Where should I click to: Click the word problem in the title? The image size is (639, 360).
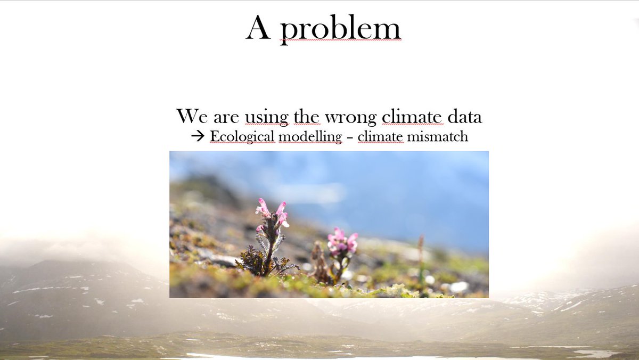(340, 29)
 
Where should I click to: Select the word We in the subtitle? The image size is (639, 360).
(190, 116)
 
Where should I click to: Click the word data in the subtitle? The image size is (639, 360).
(464, 116)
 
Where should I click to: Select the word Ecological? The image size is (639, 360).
(242, 136)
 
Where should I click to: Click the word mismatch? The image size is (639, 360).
(437, 136)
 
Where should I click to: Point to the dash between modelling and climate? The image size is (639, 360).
(349, 137)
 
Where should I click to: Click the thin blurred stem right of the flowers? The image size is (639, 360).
(420, 256)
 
